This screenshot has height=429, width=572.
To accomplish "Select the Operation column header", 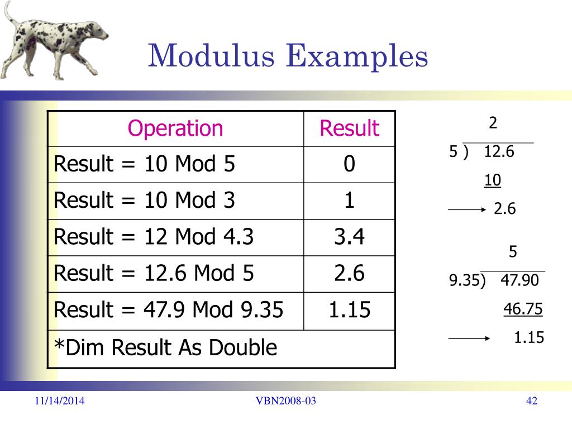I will click(175, 128).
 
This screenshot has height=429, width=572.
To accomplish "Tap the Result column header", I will click(349, 128).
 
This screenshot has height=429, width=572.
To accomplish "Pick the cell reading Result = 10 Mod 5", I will click(145, 164).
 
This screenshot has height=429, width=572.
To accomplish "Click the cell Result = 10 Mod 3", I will click(145, 201).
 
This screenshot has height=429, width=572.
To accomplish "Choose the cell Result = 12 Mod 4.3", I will click(154, 237).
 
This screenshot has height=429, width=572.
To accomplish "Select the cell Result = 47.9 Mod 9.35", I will click(168, 309).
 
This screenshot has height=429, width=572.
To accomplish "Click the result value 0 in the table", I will click(349, 165).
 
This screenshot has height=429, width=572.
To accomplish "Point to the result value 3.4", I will click(349, 237).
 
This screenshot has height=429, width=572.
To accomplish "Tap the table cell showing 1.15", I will click(349, 310).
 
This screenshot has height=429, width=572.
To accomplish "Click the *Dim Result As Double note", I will click(165, 348).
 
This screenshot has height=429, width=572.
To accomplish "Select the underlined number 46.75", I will click(523, 309).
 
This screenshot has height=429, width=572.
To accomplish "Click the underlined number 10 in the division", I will click(493, 180).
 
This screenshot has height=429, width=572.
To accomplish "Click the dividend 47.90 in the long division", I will click(519, 280).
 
